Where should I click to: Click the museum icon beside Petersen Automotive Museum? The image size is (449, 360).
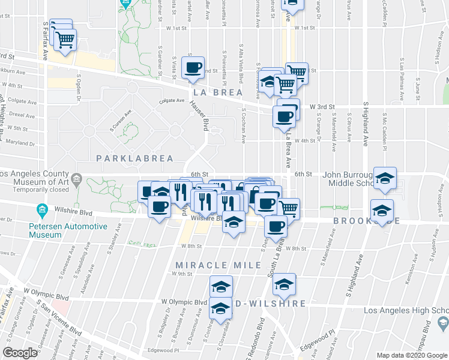42,210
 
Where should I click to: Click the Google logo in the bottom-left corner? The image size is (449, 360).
20,353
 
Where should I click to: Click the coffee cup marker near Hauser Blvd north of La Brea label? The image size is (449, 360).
193,68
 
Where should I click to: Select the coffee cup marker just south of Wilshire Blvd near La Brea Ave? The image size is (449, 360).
276,227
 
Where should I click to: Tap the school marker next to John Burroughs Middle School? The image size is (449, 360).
385,178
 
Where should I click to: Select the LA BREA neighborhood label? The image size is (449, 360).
218,93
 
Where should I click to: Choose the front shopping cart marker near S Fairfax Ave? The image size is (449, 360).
65,40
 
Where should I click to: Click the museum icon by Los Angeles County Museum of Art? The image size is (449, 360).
77,179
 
